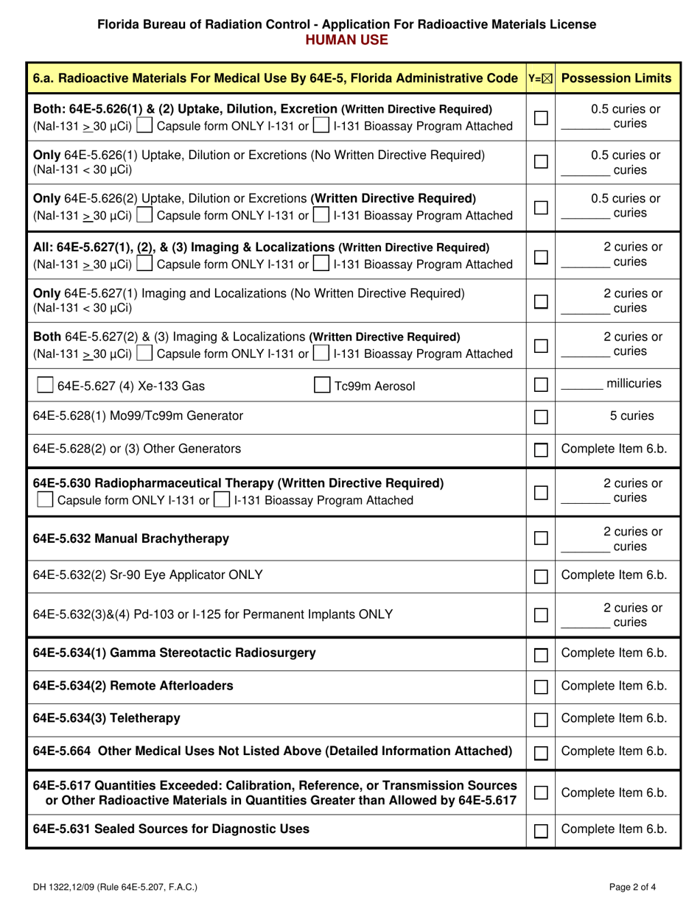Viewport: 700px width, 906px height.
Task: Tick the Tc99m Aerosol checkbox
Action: click(322, 384)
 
